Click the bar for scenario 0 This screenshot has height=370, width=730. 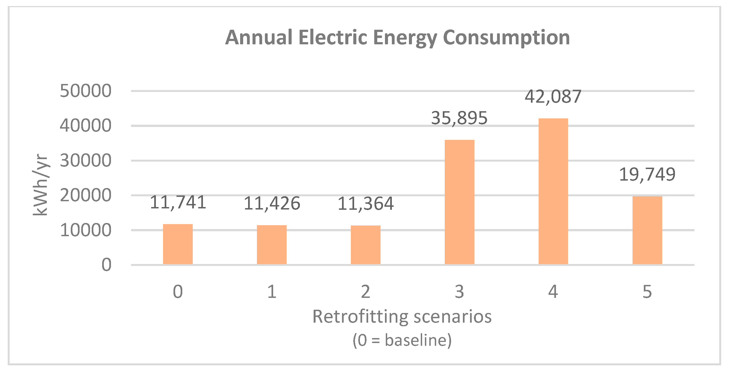178,244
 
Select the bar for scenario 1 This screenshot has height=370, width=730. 272,245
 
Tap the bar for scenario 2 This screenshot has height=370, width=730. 366,245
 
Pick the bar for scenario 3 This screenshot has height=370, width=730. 459,202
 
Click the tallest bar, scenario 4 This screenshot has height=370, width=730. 553,191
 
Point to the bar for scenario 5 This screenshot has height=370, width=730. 647,230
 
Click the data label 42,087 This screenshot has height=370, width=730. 553,97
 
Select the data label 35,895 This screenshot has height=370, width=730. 459,118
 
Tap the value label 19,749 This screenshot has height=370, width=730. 647,175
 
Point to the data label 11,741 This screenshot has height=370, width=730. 178,203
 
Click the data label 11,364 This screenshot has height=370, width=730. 366,204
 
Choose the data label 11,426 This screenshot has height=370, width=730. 272,204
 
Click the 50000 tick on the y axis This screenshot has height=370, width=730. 86,91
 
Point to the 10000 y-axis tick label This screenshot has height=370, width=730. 86,230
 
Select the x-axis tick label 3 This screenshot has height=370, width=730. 459,292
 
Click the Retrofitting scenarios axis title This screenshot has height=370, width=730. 402,317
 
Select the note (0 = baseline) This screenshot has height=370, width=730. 402,340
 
